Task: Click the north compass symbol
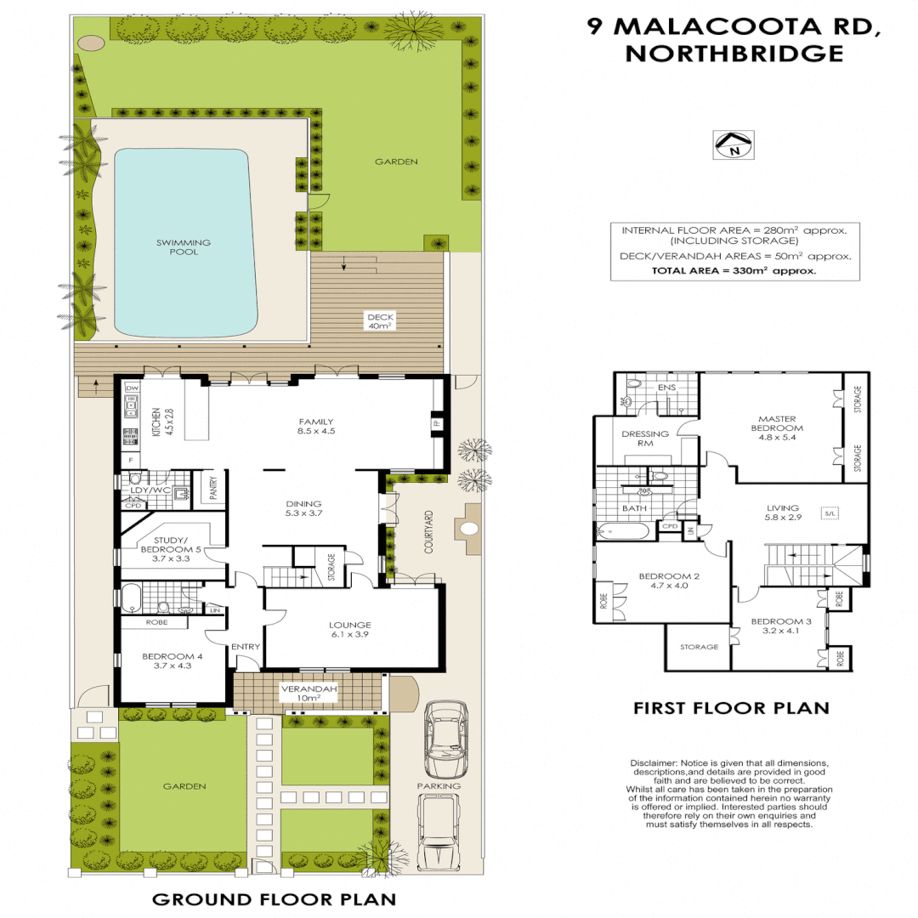click(x=733, y=145)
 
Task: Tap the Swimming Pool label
click(x=183, y=247)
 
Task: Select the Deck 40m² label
click(x=377, y=321)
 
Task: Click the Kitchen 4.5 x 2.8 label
click(x=161, y=422)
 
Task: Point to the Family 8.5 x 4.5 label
click(x=315, y=426)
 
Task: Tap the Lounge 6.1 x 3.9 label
click(x=351, y=630)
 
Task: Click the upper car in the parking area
click(x=445, y=736)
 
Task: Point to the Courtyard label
click(x=429, y=533)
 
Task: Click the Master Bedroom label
click(x=780, y=422)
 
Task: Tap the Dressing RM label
click(x=645, y=439)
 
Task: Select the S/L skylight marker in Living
click(x=829, y=513)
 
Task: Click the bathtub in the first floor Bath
click(x=623, y=532)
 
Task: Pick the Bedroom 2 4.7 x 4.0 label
click(x=668, y=581)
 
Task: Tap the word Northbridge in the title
click(x=734, y=54)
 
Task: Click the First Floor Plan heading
click(x=731, y=707)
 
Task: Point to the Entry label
click(x=245, y=648)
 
